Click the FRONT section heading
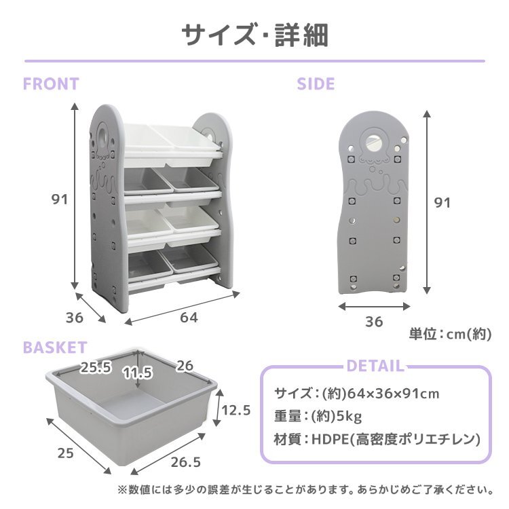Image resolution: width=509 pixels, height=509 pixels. tap(51, 84)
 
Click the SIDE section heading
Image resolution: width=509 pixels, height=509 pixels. tap(316, 84)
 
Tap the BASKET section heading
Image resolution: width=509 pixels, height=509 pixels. tap(55, 348)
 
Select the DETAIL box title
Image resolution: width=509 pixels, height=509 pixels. tap(375, 366)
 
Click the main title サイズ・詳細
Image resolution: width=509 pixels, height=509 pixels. tap(254, 35)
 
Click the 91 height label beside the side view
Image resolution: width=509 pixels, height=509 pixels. tap(442, 202)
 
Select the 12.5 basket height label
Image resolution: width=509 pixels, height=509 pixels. tap(237, 410)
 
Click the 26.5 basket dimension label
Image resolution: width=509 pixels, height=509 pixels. tap(185, 462)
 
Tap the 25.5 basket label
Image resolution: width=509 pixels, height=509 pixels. tap(96, 368)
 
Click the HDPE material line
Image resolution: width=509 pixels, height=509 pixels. tap(377, 438)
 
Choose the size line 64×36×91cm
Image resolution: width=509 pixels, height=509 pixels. tap(357, 393)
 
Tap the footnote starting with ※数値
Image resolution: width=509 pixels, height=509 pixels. tap(305, 489)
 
